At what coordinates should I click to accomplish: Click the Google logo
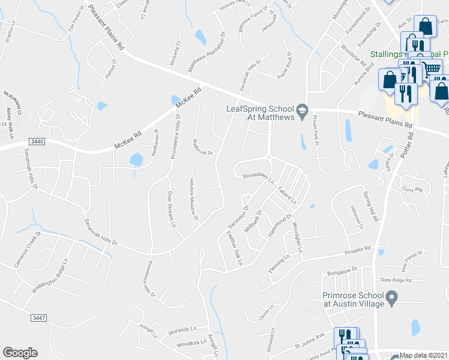[x=20, y=353]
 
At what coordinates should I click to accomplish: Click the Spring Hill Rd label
[x=370, y=206]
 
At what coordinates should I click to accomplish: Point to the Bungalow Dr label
[x=342, y=271]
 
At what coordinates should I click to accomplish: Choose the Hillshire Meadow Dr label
[x=193, y=199]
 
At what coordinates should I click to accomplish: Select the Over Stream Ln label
[x=170, y=210]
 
